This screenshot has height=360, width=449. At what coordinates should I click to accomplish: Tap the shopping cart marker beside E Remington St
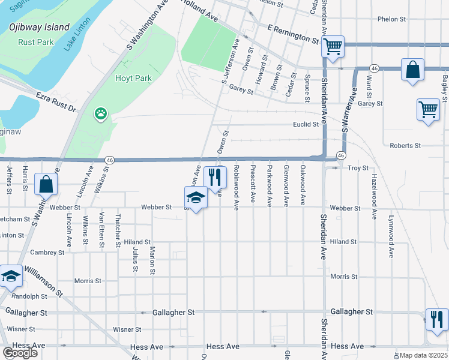[333, 46]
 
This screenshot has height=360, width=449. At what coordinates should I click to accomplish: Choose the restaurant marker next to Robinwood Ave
[215, 177]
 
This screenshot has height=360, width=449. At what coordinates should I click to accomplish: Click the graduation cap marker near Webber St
[196, 197]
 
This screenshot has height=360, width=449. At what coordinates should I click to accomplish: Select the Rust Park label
[36, 43]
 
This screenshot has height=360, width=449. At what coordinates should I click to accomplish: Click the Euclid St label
[306, 124]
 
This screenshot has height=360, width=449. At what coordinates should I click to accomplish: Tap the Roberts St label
[405, 145]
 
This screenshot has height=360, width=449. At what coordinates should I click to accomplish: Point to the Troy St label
[358, 168]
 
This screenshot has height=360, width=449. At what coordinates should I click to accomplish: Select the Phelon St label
[391, 19]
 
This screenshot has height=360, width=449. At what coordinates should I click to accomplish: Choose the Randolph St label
[29, 296]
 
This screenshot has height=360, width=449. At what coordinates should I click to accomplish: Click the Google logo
[20, 353]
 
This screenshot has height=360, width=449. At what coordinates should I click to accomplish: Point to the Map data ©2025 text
[424, 355]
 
